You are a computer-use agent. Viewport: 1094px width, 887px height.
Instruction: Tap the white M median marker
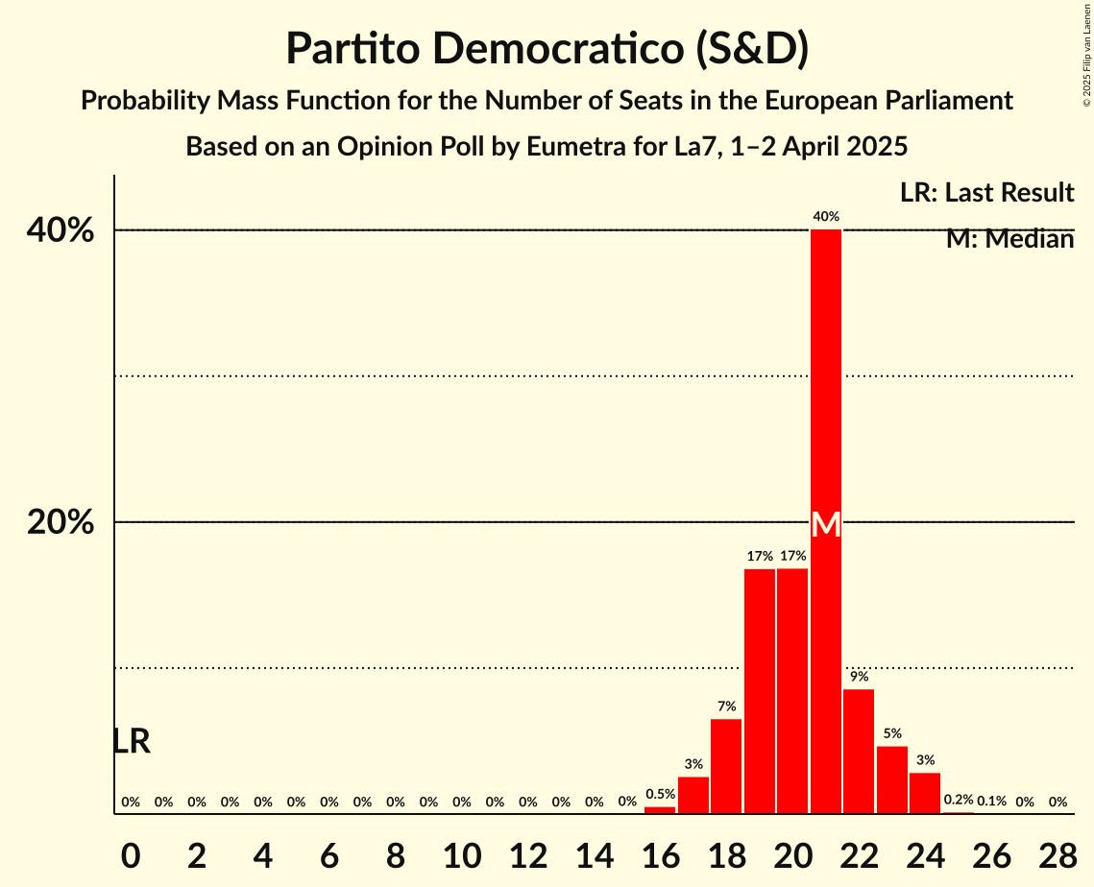pyautogui.click(x=826, y=525)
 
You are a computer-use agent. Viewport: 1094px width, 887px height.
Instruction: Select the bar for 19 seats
pyautogui.click(x=760, y=691)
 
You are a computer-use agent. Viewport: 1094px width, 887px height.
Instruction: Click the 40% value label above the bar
pyautogui.click(x=826, y=217)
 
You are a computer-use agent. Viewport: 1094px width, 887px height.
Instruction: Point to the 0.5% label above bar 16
pyautogui.click(x=660, y=794)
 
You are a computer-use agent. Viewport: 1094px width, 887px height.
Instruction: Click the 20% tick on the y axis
pyautogui.click(x=61, y=523)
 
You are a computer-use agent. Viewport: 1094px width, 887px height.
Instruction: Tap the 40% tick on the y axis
pyautogui.click(x=61, y=231)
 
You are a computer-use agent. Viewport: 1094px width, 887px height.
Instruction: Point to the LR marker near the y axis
pyautogui.click(x=132, y=741)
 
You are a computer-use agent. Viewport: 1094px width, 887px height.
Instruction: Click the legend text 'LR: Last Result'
pyautogui.click(x=986, y=193)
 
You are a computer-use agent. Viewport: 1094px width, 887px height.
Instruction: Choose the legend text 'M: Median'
pyautogui.click(x=1009, y=239)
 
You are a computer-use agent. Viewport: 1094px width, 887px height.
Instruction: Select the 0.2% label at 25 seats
pyautogui.click(x=959, y=800)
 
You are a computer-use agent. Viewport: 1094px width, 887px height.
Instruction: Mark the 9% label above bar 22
pyautogui.click(x=859, y=677)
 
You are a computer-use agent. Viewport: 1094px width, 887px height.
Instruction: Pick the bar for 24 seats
pyautogui.click(x=925, y=793)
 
